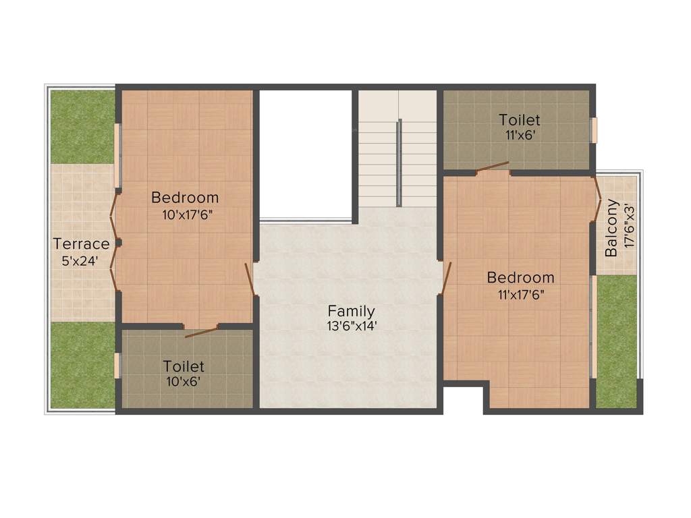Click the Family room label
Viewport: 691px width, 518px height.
coord(351,311)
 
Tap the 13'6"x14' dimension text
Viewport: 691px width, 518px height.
coord(351,325)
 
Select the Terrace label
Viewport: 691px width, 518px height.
coord(81,243)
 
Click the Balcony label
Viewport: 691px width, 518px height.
coord(611,228)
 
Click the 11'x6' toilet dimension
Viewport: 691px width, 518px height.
coord(520,134)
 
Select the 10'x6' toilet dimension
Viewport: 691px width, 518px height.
coord(184,381)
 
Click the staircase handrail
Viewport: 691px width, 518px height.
coord(399,162)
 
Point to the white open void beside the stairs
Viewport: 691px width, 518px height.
coord(306,154)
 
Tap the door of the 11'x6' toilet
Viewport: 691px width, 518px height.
coord(491,167)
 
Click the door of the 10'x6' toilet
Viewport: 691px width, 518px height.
coord(201,331)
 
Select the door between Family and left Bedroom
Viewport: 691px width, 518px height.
coord(250,280)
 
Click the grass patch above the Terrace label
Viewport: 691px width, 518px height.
coord(82,127)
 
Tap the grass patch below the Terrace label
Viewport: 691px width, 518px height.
coord(82,364)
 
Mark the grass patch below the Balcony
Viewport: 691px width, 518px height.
coord(617,341)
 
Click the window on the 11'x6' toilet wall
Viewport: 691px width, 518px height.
coord(595,130)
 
